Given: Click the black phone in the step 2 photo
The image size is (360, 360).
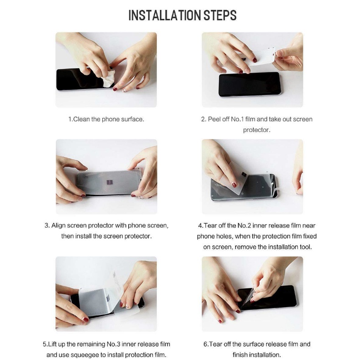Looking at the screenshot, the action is pos(249,84).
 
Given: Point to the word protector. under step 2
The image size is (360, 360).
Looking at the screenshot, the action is pos(257,130).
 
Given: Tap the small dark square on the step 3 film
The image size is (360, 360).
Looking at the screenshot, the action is pos(110,183).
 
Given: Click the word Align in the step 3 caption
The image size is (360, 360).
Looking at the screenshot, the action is pos(58,226).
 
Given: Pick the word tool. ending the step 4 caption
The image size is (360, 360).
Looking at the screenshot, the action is pos(306,247).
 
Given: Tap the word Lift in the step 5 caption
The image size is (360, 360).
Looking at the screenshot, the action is pos(53,344).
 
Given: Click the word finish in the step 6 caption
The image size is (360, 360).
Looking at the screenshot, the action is pos(241,355).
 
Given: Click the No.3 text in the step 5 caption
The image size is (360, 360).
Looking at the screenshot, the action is pos(113,344).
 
